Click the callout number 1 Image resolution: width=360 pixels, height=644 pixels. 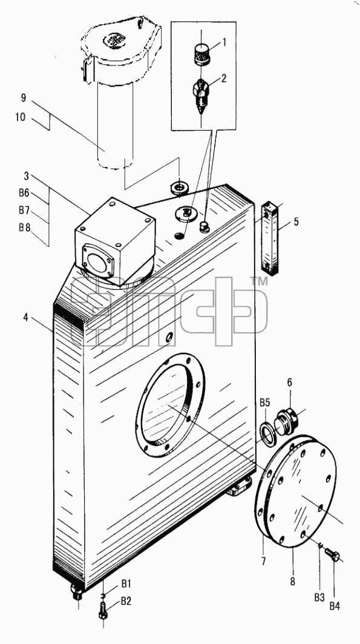tap(224, 42)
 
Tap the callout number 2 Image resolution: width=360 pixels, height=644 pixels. tap(223, 78)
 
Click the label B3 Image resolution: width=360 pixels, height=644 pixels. tap(320, 597)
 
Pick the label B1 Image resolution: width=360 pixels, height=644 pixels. tap(126, 583)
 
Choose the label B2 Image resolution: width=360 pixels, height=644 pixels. tap(126, 601)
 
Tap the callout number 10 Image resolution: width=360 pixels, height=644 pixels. tap(21, 117)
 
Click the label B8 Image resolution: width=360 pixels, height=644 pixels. tap(25, 228)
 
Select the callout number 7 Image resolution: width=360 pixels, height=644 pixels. tap(263, 560)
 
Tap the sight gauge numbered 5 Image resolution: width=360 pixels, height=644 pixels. tap(269, 237)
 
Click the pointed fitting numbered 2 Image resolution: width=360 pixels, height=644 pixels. tap(201, 95)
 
